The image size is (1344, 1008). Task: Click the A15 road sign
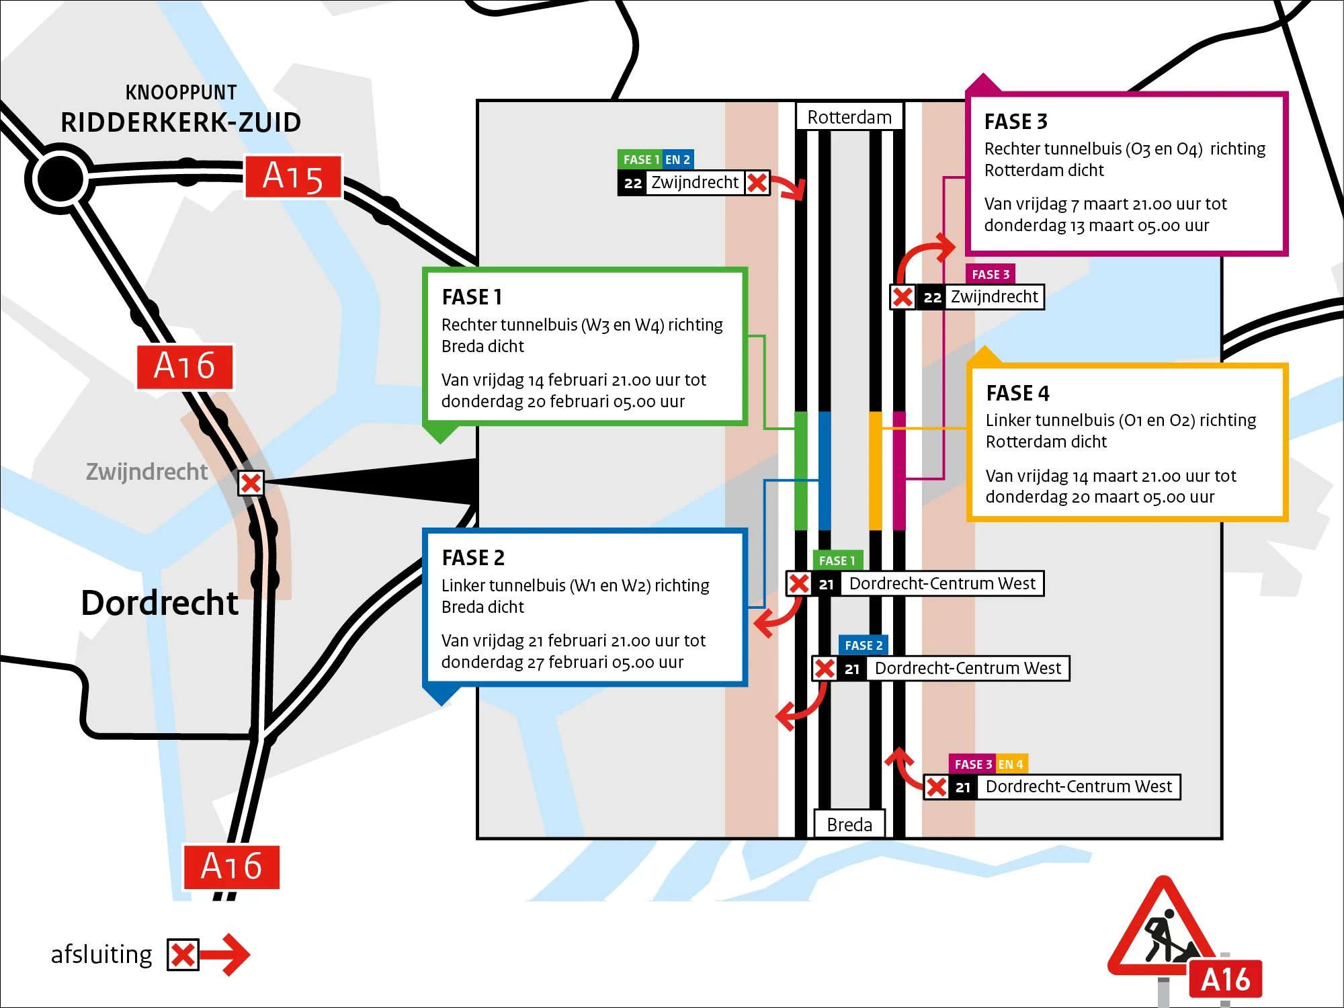pyautogui.click(x=293, y=177)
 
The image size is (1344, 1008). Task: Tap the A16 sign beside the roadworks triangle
pyautogui.click(x=1225, y=980)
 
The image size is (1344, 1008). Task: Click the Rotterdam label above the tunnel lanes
pyautogui.click(x=849, y=118)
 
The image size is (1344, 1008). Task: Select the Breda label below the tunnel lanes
pyautogui.click(x=849, y=824)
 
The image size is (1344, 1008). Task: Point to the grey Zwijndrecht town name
pyautogui.click(x=146, y=472)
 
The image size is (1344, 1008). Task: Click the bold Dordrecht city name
pyautogui.click(x=159, y=603)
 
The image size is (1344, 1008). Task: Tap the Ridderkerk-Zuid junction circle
pyautogui.click(x=60, y=179)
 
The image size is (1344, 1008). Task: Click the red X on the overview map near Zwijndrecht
pyautogui.click(x=251, y=483)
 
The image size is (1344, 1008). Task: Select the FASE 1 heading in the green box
pyautogui.click(x=472, y=297)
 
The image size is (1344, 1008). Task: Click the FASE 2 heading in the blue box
pyautogui.click(x=473, y=558)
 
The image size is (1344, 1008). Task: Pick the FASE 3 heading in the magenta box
pyautogui.click(x=1015, y=122)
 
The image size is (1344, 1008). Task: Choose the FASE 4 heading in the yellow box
pyautogui.click(x=1017, y=393)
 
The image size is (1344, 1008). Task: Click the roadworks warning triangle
pyautogui.click(x=1163, y=931)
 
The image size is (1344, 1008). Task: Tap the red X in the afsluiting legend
pyautogui.click(x=183, y=955)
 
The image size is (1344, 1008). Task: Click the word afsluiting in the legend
pyautogui.click(x=101, y=954)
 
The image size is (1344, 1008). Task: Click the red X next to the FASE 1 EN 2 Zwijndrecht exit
pyautogui.click(x=757, y=183)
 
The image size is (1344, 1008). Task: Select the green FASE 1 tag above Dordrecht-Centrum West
pyautogui.click(x=837, y=560)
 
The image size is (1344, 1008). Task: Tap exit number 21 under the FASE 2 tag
pyautogui.click(x=852, y=669)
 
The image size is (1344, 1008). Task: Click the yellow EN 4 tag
pyautogui.click(x=1011, y=764)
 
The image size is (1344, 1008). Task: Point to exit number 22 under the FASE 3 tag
pyautogui.click(x=932, y=297)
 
